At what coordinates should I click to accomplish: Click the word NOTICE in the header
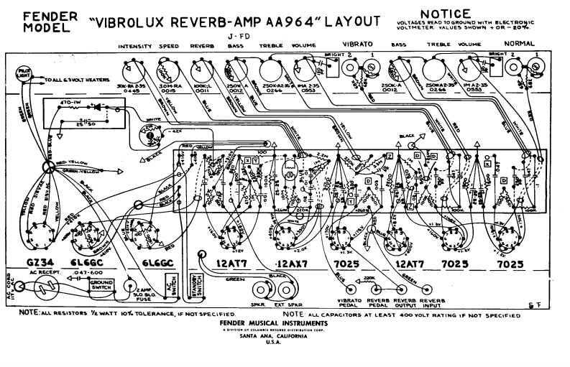point(446,14)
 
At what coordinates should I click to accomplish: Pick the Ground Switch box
point(101,284)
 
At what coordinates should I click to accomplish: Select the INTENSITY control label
point(134,47)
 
